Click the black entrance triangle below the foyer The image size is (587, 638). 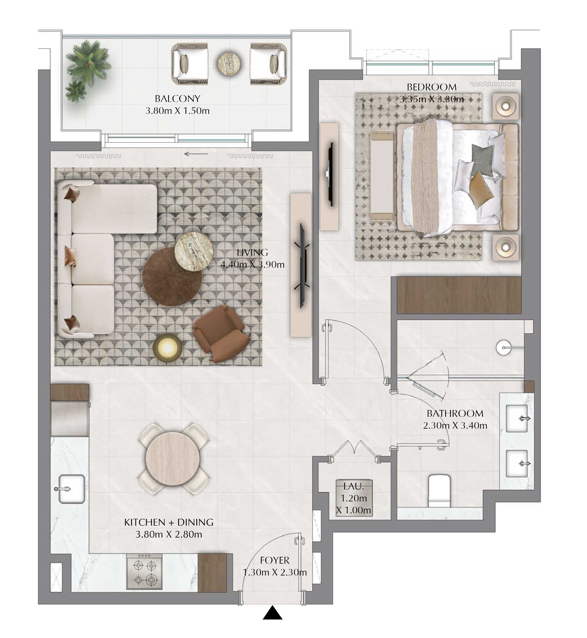[272, 613]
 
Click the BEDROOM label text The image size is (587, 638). [432, 87]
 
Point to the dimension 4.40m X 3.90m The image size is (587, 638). [252, 265]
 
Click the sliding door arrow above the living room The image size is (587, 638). [196, 154]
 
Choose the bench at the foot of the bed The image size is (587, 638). [383, 177]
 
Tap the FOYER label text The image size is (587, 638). [275, 560]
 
